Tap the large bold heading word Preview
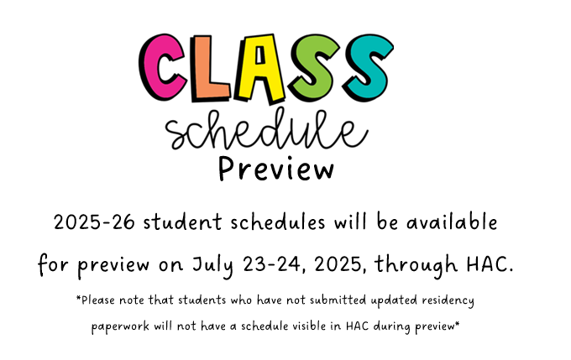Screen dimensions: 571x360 point(276,169)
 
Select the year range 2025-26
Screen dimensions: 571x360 point(94,222)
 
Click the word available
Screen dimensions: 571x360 point(452,222)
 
